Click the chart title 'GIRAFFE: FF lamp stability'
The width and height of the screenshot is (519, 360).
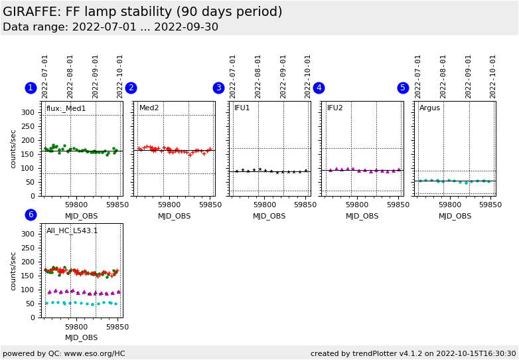pyautogui.click(x=143, y=12)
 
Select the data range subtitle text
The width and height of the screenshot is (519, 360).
pyautogui.click(x=110, y=27)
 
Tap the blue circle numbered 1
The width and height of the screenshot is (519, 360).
pyautogui.click(x=31, y=88)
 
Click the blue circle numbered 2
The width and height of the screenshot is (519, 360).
pyautogui.click(x=131, y=88)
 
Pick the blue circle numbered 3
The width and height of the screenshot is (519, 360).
pyautogui.click(x=218, y=88)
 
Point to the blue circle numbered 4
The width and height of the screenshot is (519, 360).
pyautogui.click(x=319, y=88)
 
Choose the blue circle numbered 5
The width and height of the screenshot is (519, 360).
pyautogui.click(x=403, y=88)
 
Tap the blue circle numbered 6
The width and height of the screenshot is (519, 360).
pyautogui.click(x=31, y=215)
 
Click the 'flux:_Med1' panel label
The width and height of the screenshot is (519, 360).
pyautogui.click(x=66, y=108)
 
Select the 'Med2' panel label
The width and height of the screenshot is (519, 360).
pyautogui.click(x=149, y=108)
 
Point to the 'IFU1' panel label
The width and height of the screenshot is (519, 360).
pyautogui.click(x=242, y=108)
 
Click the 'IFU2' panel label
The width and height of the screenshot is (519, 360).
pyautogui.click(x=334, y=108)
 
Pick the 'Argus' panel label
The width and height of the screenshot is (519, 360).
pyautogui.click(x=429, y=108)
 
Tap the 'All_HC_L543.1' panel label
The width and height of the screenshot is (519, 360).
pyautogui.click(x=72, y=231)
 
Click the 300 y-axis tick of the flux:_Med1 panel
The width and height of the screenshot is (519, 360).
pyautogui.click(x=28, y=112)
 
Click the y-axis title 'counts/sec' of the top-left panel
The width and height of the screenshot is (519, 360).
pyautogui.click(x=13, y=149)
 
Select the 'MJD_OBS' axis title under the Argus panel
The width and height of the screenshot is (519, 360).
pyautogui.click(x=455, y=216)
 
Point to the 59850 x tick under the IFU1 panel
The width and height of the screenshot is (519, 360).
pyautogui.click(x=305, y=205)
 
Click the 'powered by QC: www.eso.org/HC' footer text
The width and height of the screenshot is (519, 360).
pyautogui.click(x=64, y=353)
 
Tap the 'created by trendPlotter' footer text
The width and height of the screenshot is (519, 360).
pyautogui.click(x=413, y=353)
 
